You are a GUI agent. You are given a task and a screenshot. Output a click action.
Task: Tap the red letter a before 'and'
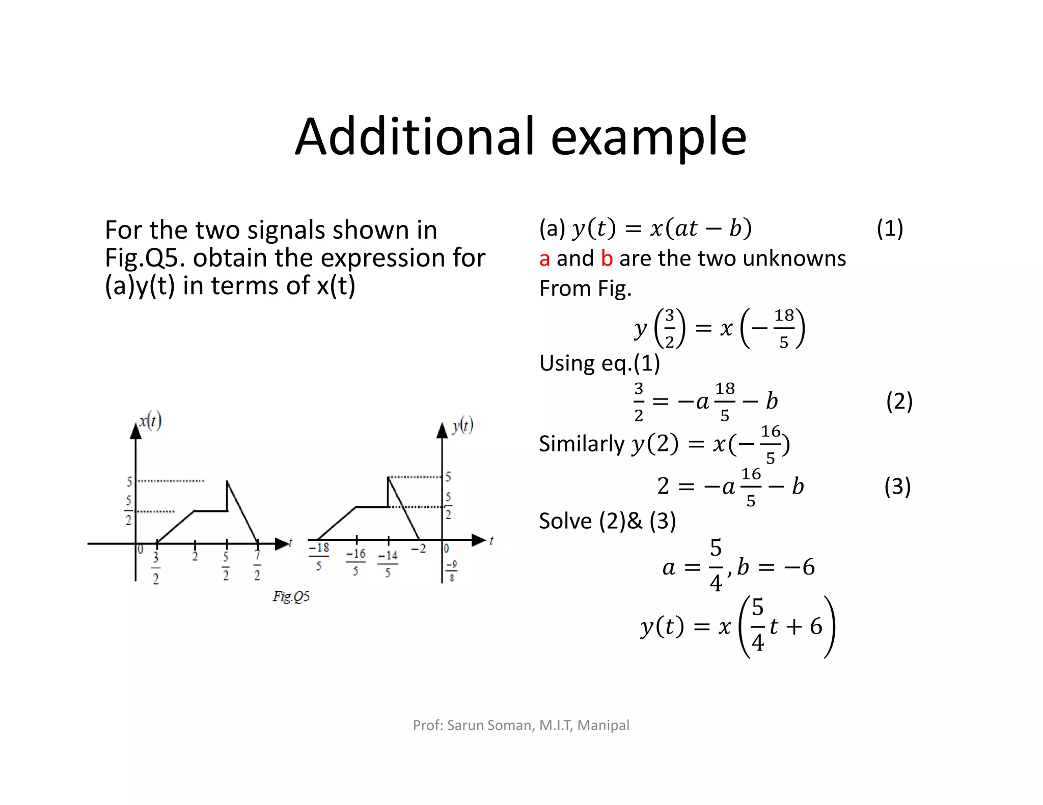coord(544,259)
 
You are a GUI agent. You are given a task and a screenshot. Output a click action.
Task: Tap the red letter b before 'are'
coord(607,258)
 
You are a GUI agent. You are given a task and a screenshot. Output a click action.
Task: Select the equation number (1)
coord(890,228)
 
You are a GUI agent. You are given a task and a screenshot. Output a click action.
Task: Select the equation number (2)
coord(899,401)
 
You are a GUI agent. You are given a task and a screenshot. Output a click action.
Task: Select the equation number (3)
coord(897,486)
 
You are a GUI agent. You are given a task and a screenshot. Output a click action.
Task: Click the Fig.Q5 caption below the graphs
coord(291,596)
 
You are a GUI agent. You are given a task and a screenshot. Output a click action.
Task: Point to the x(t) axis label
coord(150,421)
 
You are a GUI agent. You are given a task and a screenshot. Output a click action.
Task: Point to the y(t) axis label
coord(462,425)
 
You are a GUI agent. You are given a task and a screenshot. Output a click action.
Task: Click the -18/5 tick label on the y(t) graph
coord(319,556)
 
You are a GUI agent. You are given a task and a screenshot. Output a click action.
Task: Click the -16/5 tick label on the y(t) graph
coord(355,562)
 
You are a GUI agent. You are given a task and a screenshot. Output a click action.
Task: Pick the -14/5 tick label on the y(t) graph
coord(388,563)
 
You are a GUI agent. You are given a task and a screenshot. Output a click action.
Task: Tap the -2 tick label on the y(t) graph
coord(418,549)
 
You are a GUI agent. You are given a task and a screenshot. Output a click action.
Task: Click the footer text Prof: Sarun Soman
coord(474,725)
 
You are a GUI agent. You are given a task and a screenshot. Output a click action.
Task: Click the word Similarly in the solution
coord(582,444)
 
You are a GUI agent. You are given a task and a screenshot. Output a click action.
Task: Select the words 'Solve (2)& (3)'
coord(607,521)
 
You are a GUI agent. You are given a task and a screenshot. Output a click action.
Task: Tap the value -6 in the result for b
coord(800,567)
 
